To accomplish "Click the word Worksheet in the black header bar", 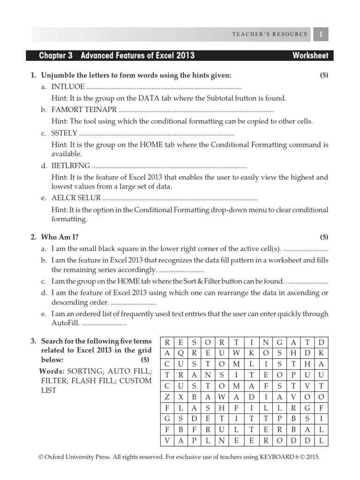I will [310, 56].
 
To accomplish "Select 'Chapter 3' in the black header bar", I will [56, 56].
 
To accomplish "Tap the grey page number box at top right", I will [321, 34].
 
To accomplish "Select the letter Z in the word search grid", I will [167, 397].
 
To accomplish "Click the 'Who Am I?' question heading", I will [57, 237].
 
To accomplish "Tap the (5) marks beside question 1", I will [323, 75].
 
